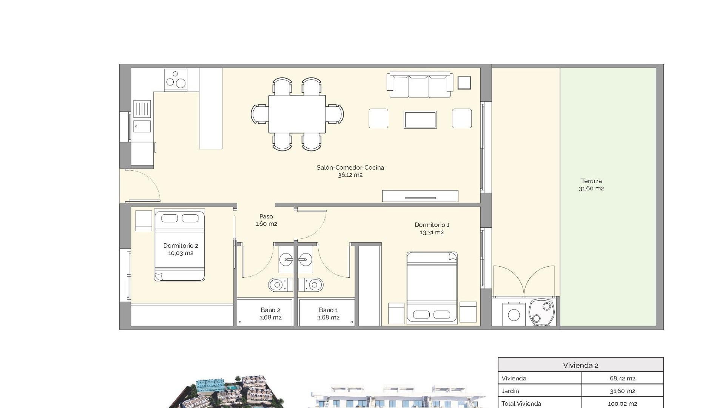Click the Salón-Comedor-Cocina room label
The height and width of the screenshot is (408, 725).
click(350, 168)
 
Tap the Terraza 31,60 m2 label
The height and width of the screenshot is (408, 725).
click(591, 185)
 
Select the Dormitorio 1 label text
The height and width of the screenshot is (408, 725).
click(432, 225)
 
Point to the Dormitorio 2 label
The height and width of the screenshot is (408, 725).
click(180, 246)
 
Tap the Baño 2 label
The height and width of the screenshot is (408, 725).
click(270, 310)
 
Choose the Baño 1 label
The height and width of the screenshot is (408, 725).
click(328, 310)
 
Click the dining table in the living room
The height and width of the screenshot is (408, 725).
click(297, 114)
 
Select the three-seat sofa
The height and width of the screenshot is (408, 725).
click(419, 85)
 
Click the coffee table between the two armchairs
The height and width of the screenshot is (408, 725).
click(420, 119)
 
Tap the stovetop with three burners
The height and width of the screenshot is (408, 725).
click(176, 80)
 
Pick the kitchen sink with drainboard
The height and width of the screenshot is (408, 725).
click(142, 116)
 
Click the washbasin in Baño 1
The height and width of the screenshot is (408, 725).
click(305, 259)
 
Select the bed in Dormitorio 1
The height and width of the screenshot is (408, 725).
click(432, 287)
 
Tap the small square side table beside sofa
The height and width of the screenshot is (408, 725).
click(464, 83)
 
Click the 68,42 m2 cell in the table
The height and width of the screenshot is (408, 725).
click(622, 378)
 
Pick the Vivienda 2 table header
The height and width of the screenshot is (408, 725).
click(580, 365)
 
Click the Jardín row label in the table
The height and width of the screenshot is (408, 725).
click(510, 391)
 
